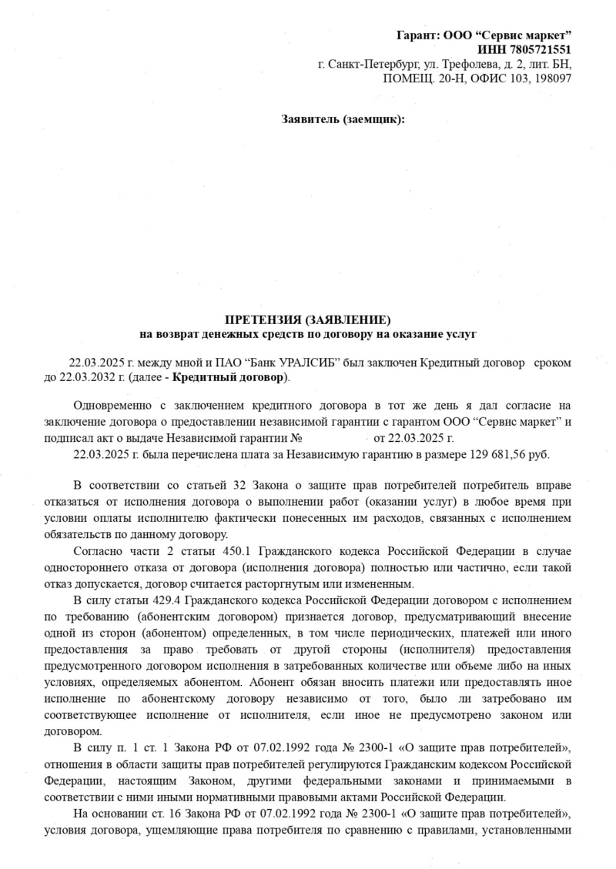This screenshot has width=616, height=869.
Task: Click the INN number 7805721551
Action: pos(533,50)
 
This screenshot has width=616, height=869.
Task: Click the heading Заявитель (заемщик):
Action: pos(343,119)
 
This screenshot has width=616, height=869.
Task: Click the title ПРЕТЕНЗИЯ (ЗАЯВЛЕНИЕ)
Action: pos(308,319)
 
